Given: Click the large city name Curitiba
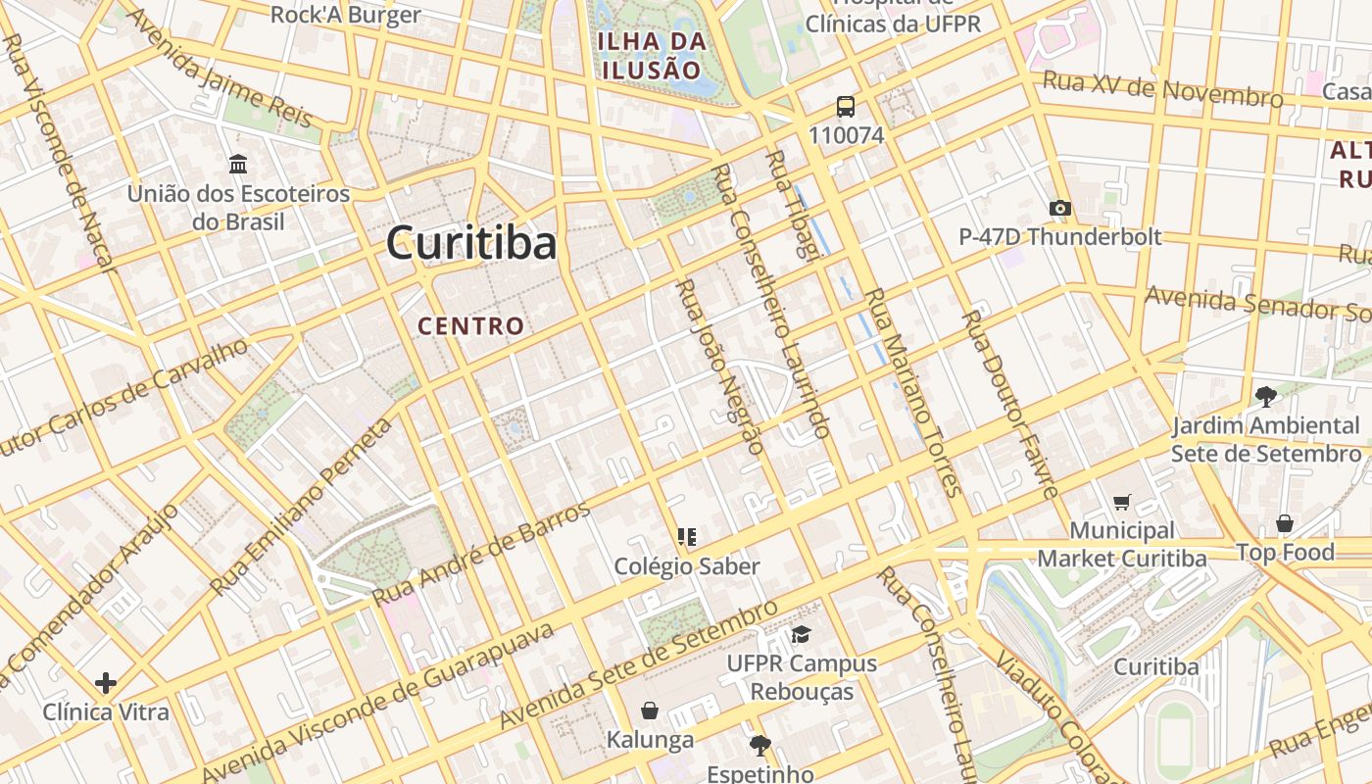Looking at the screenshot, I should click(471, 243).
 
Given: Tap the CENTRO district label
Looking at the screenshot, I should click(471, 325).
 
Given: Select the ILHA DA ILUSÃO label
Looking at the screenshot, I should click(652, 56).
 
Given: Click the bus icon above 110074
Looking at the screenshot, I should click(846, 107).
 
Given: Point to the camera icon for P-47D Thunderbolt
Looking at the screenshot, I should click(1059, 208).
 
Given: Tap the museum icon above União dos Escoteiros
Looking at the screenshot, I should click(237, 164).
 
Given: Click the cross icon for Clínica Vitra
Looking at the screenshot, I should click(106, 682).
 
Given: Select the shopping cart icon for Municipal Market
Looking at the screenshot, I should click(1122, 502).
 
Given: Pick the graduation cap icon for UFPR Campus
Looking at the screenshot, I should click(802, 634).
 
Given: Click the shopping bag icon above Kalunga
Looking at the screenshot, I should click(649, 710).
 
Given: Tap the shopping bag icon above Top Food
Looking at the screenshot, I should click(1284, 523).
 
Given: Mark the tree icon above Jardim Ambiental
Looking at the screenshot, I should click(1266, 397).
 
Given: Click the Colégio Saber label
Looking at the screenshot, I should click(687, 566).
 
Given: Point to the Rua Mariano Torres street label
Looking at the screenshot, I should click(910, 392).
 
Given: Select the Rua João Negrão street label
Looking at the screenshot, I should click(720, 367).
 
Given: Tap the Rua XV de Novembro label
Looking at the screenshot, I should click(1162, 89).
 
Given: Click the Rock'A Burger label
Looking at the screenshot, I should click(345, 15).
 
